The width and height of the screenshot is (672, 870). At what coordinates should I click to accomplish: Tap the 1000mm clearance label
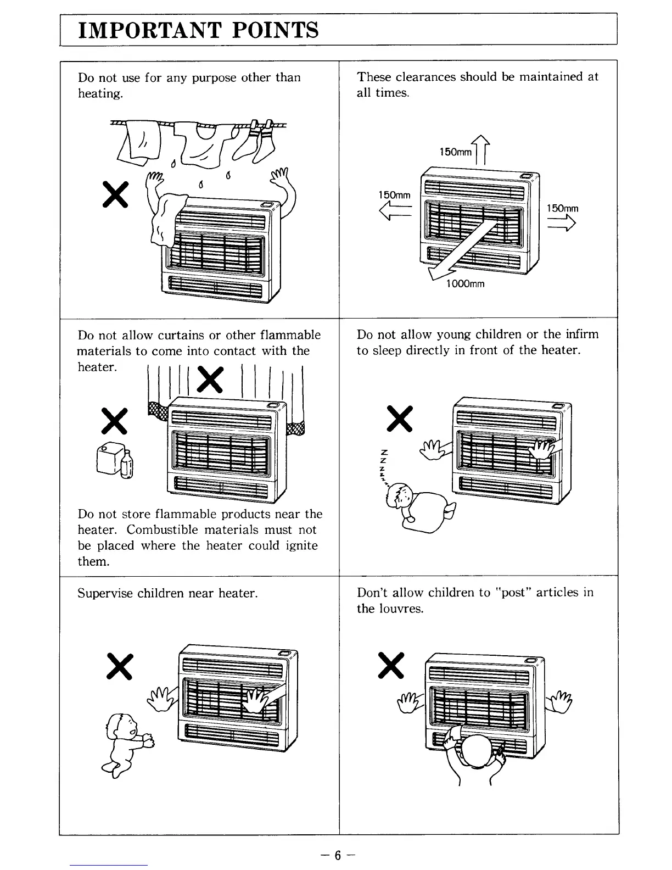coord(465,284)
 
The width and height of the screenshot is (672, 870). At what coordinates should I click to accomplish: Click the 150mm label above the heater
coord(455,152)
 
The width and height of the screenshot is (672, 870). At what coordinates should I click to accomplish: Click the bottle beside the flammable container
coord(127,464)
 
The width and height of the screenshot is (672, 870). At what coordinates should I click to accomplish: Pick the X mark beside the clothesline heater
coord(115,194)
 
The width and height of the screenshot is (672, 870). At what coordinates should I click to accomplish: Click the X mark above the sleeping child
coord(400,419)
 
